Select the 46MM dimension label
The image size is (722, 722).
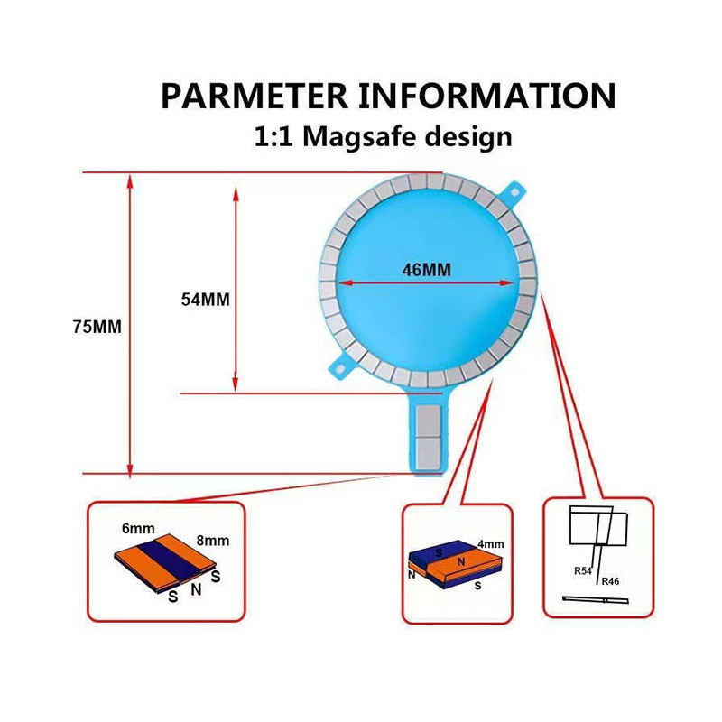click(426, 269)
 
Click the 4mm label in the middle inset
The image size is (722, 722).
click(491, 544)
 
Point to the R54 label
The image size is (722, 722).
click(582, 571)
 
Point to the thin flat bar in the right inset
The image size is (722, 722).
click(596, 599)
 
